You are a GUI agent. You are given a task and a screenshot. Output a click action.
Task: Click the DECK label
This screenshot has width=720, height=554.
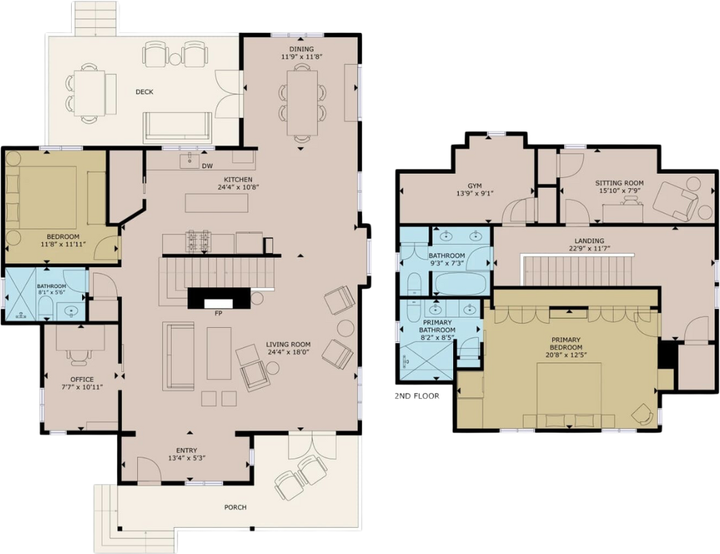pos(144,92)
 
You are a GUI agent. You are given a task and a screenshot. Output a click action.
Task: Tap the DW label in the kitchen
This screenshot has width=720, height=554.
pos(207,166)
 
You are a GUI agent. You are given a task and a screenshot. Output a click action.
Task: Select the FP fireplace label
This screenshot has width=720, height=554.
pos(219,314)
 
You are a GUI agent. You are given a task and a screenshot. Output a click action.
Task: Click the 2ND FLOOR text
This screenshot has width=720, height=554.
pos(417,396)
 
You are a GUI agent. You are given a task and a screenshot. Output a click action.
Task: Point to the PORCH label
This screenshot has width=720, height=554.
pos(235,507)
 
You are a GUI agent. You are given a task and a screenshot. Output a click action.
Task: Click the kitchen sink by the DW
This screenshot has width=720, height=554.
pos(189,161)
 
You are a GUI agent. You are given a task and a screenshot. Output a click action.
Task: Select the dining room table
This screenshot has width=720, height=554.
pos(302,102)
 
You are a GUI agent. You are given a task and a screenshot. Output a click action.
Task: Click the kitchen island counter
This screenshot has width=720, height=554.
pos(217,203)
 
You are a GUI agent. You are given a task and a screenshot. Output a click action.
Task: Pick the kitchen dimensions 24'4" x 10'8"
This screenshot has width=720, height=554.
pos(239,187)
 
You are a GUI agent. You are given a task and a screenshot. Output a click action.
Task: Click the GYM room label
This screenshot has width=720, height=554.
pos(474,186)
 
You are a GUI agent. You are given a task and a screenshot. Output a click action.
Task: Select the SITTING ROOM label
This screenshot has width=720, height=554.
pos(619,183)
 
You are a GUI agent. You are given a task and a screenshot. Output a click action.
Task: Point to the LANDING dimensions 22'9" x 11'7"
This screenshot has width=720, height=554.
pos(589,249)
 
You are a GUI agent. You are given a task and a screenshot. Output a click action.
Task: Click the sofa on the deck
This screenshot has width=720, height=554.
pos(177,127)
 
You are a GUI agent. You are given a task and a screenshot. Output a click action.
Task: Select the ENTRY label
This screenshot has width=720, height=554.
pos(186,451)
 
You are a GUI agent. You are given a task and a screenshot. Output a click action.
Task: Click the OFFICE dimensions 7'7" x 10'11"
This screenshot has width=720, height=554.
pos(82,387)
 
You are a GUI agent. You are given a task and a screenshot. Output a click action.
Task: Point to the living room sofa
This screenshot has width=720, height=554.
pos(178,356)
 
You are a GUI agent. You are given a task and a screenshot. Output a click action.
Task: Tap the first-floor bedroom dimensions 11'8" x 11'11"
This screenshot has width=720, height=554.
pos(63,245)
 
